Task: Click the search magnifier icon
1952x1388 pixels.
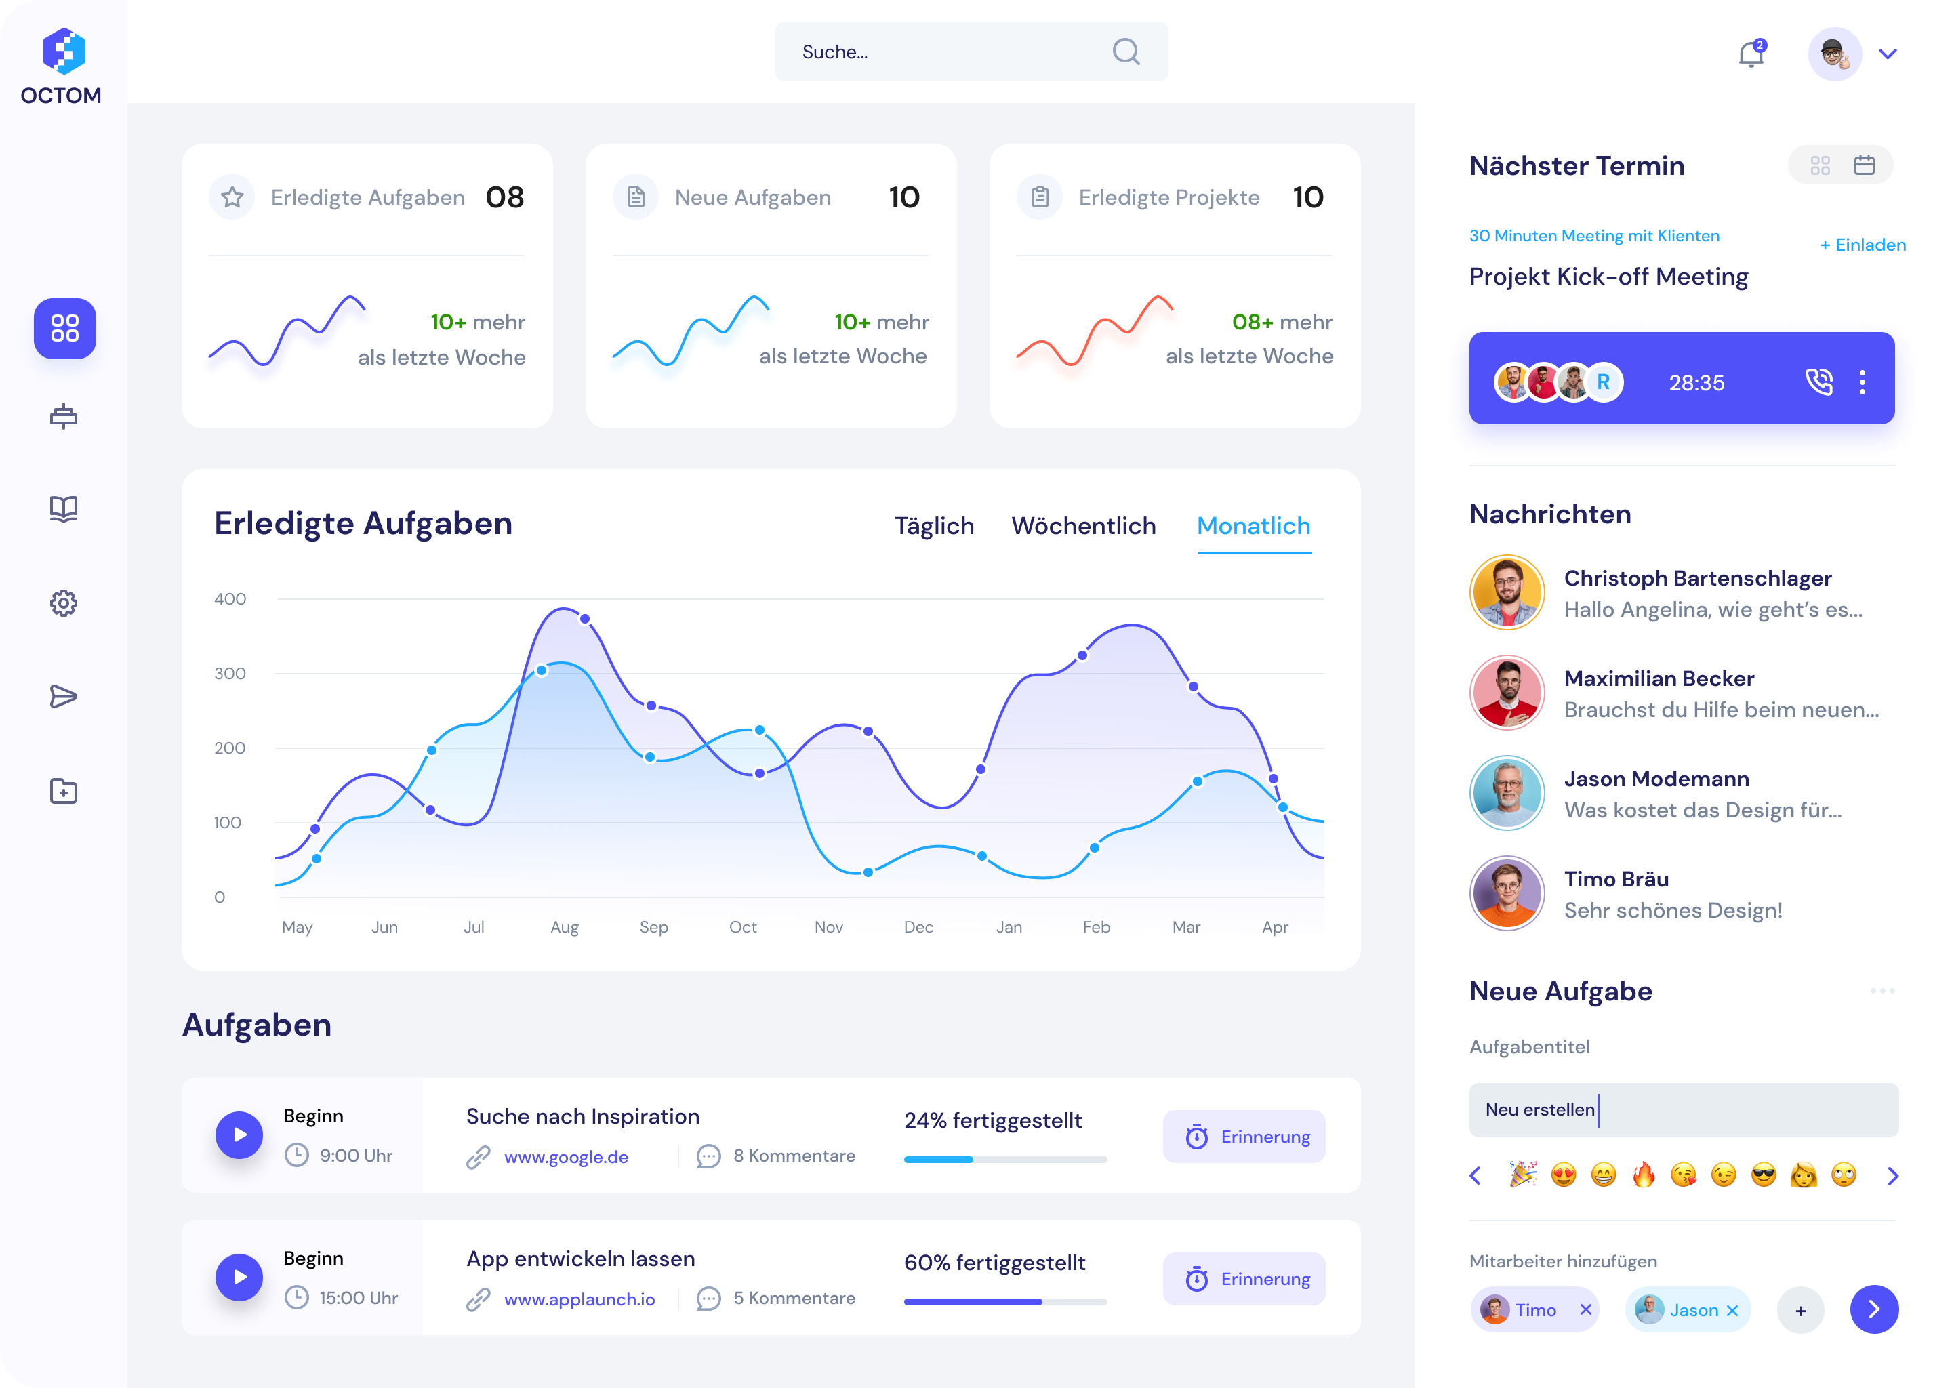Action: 1126,52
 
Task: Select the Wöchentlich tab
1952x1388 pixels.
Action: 1083,526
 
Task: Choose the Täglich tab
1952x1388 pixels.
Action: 934,526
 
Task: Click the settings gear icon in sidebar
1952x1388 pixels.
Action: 63,603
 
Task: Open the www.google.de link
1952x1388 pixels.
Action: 566,1158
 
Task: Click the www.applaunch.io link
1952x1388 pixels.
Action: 579,1299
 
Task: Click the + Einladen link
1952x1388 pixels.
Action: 1863,245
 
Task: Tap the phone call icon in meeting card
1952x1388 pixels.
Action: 1818,382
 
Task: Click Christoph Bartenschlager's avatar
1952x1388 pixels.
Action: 1507,592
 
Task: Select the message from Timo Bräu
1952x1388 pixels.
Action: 1673,894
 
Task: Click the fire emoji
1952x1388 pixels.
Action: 1644,1176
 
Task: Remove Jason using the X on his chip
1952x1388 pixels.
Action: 1732,1310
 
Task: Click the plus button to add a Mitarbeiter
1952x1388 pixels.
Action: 1801,1310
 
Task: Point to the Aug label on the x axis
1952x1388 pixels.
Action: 564,927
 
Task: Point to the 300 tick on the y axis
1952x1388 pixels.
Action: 230,674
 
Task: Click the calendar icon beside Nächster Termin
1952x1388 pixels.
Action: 1864,165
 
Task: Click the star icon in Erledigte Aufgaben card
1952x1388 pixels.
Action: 232,197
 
